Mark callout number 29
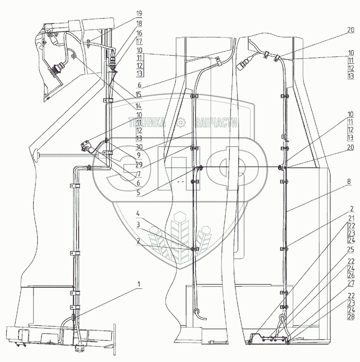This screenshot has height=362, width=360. point(139,165)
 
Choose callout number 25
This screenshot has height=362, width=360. point(351,249)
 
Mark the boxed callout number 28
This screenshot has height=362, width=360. point(351,319)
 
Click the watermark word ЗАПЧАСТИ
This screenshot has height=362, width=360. point(217,122)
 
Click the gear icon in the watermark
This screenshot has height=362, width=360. point(181,122)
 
